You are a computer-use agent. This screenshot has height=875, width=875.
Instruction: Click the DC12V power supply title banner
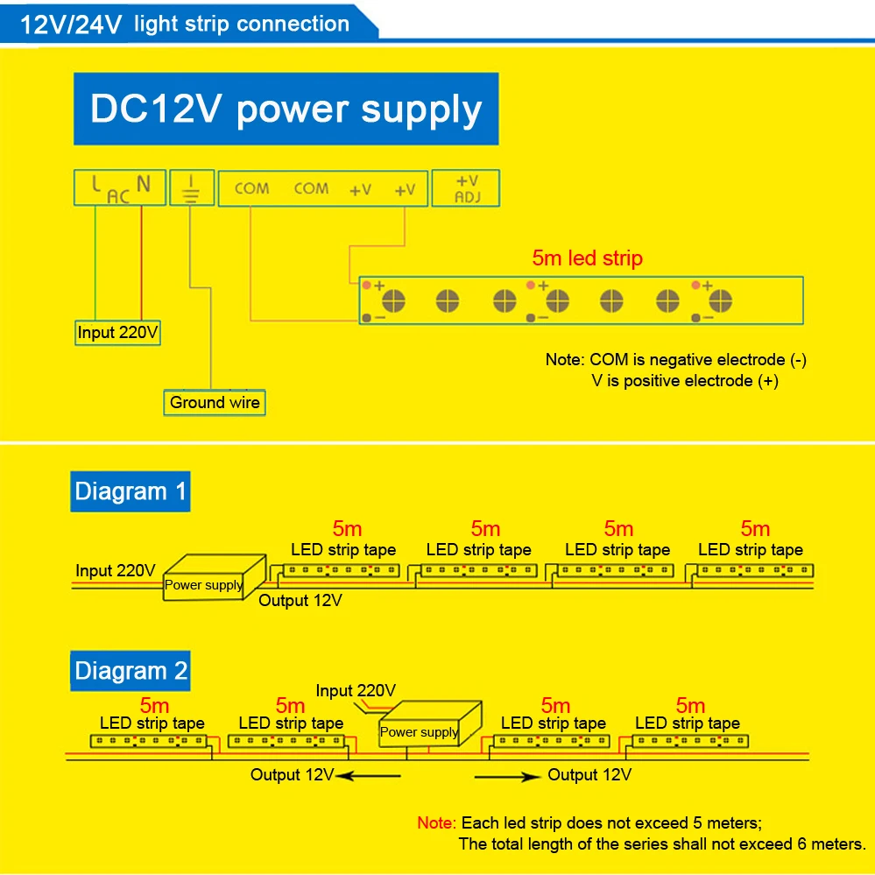coord(286,110)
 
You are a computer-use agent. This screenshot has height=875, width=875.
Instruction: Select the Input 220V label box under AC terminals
coord(118,333)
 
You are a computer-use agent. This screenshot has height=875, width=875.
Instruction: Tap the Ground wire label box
coord(215,403)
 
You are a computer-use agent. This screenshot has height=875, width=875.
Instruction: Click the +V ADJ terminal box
coord(467,187)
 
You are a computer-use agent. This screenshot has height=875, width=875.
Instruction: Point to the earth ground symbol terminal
coord(191,188)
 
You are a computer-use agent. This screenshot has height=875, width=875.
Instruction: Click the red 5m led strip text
coord(587,258)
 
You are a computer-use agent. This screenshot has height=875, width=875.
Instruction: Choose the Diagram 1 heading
coord(131,491)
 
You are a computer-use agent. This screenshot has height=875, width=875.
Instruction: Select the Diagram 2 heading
coord(131,672)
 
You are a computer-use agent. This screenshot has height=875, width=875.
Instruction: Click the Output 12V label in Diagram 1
coord(300,601)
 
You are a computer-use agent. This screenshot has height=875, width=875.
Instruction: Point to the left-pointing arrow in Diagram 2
coord(368,775)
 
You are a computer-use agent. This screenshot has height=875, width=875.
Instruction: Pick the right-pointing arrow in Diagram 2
coord(509,775)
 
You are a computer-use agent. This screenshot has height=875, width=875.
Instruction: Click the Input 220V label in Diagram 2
coord(356,691)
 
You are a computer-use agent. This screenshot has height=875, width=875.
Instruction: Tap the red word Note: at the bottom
coord(436,823)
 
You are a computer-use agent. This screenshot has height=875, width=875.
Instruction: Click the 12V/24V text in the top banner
coord(72,24)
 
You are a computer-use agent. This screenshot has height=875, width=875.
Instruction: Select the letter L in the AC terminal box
coord(95,185)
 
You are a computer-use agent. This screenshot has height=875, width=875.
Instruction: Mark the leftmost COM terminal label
coord(252,188)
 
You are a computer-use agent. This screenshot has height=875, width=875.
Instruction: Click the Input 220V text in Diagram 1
coord(116,571)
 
